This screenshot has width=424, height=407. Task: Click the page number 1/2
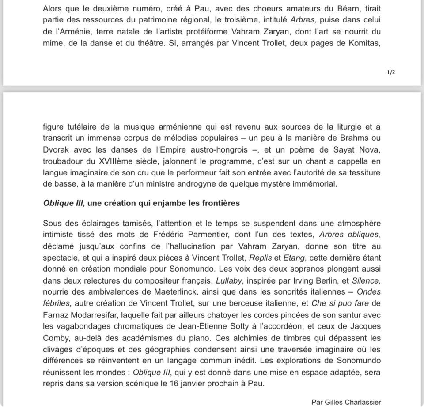390,72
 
